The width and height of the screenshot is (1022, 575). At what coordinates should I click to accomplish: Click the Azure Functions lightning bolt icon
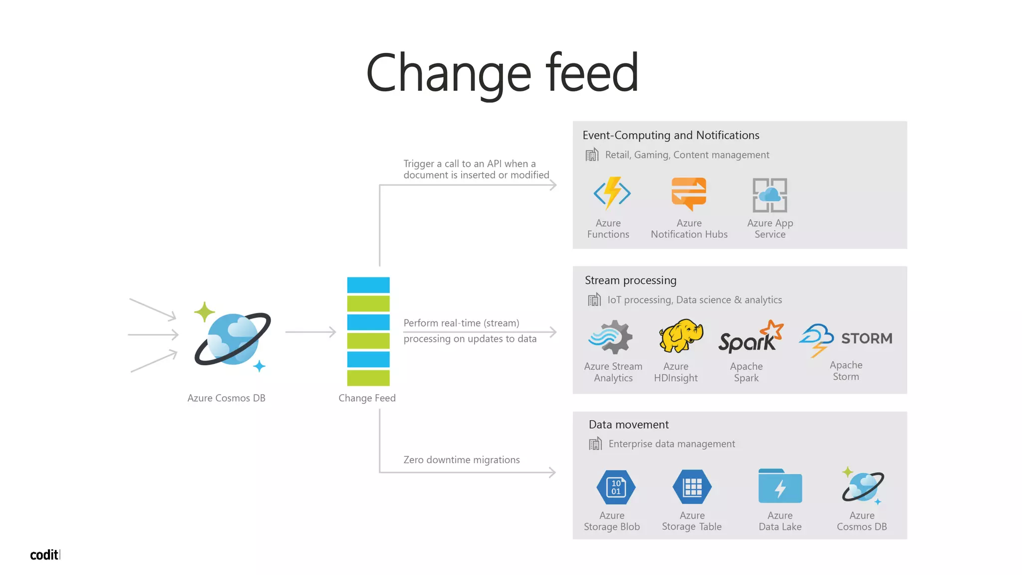pyautogui.click(x=612, y=193)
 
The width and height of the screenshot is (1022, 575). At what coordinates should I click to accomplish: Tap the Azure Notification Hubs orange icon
pyautogui.click(x=689, y=194)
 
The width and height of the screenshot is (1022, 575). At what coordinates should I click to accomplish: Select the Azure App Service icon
pyautogui.click(x=769, y=195)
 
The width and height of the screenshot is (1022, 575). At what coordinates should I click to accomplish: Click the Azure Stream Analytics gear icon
pyautogui.click(x=611, y=337)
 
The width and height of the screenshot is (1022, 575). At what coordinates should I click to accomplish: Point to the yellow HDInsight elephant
pyautogui.click(x=680, y=335)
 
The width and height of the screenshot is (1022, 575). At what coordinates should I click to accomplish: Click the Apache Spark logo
pyautogui.click(x=750, y=338)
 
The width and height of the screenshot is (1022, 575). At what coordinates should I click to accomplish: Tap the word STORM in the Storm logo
pyautogui.click(x=867, y=338)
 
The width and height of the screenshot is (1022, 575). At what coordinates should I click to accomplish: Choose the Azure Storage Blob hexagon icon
pyautogui.click(x=616, y=487)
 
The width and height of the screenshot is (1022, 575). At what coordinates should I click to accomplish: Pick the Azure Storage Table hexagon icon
pyautogui.click(x=692, y=487)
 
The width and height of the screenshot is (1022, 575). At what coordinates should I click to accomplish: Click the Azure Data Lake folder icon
pyautogui.click(x=780, y=486)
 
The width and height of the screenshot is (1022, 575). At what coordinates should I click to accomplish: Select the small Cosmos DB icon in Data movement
pyautogui.click(x=863, y=485)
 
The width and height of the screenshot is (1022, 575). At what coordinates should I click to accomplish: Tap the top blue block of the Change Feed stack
pyautogui.click(x=368, y=285)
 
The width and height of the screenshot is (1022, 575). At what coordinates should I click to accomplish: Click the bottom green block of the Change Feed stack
pyautogui.click(x=368, y=378)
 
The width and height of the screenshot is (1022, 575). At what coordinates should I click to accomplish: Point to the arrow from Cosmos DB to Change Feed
pyautogui.click(x=310, y=332)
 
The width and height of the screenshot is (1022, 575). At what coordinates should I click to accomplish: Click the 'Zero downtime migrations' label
pyautogui.click(x=462, y=460)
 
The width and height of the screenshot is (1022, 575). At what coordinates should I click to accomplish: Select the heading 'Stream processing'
pyautogui.click(x=630, y=281)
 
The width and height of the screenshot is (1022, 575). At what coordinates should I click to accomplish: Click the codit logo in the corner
pyautogui.click(x=45, y=555)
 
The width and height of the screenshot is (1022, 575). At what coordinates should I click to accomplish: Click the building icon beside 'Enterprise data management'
pyautogui.click(x=595, y=443)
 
